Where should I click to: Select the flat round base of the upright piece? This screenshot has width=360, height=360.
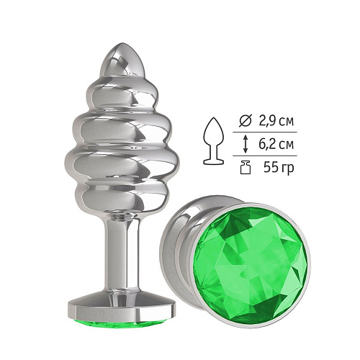pos(122,307)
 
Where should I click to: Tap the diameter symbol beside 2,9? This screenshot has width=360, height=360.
pos(245,122)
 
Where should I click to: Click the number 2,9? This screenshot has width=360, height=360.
pos(266,122)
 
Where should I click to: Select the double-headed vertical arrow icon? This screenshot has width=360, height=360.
pos(245,144)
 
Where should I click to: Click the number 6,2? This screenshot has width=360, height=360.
pos(266,144)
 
